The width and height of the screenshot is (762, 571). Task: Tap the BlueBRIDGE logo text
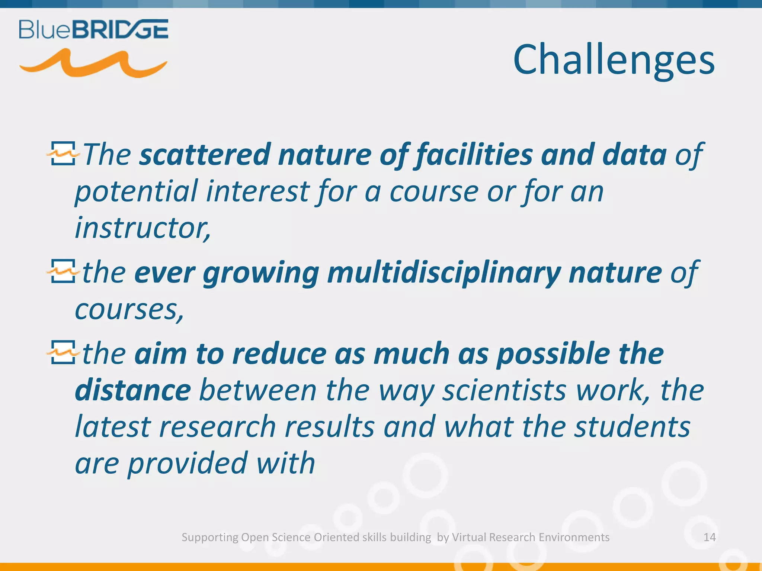[x=94, y=30]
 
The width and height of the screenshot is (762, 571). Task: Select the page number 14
[x=709, y=537]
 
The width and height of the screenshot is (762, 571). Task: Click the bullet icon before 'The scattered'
[x=63, y=153]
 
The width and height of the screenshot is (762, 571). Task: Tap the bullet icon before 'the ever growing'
[x=63, y=271]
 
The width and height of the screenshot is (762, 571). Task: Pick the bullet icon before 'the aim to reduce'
[x=63, y=352]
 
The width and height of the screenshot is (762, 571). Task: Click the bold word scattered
[x=204, y=155]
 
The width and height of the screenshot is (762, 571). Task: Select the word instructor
[x=141, y=228]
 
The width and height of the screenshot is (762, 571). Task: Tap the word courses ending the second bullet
[x=128, y=309]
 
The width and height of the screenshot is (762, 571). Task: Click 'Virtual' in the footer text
[x=469, y=537]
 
